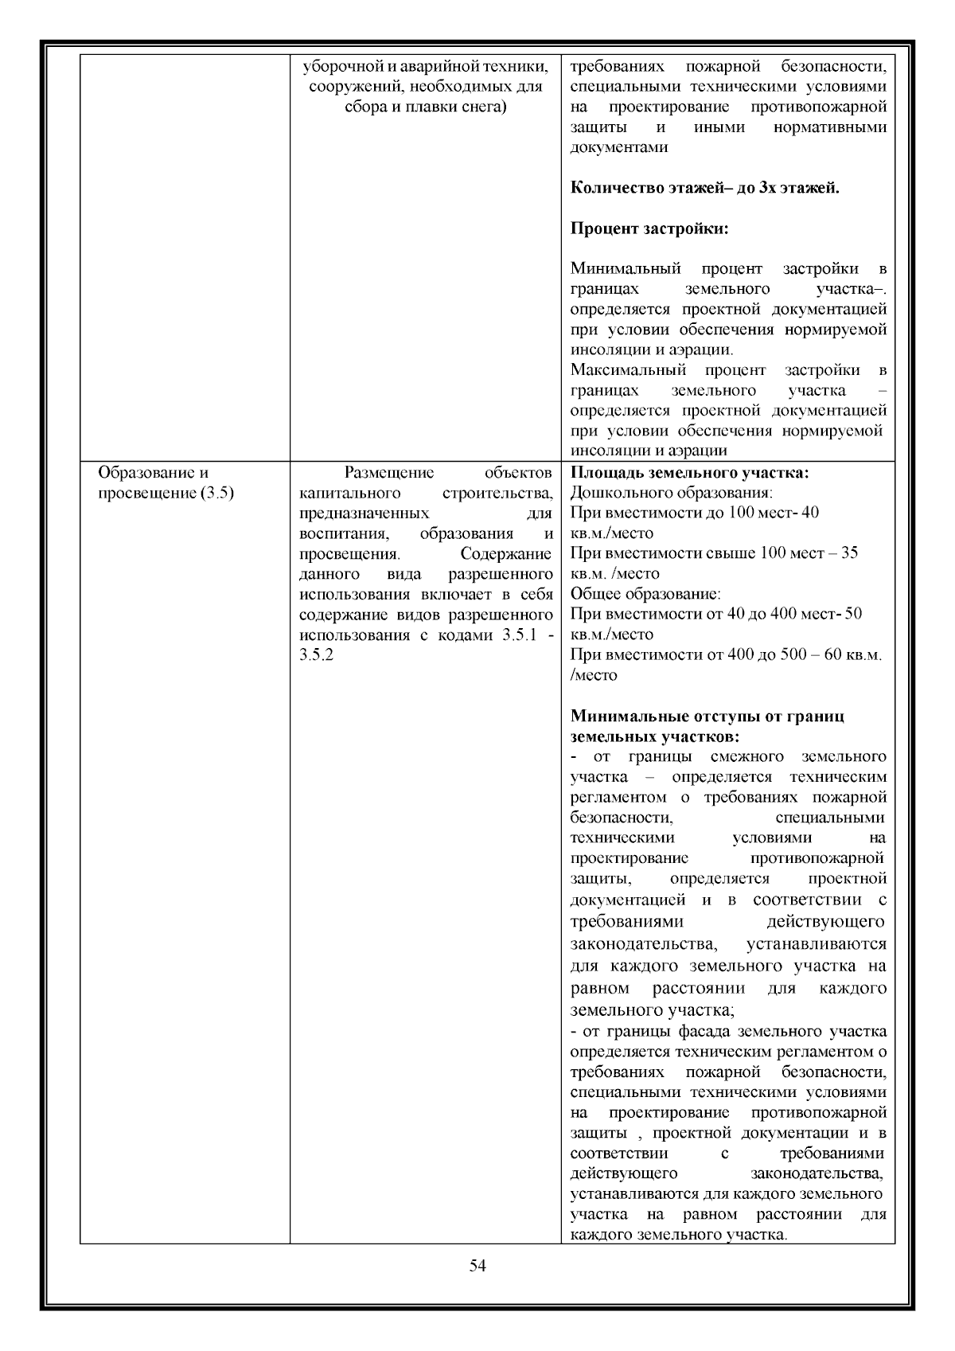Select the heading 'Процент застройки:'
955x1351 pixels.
tap(649, 229)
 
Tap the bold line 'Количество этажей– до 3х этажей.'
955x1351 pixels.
tap(705, 189)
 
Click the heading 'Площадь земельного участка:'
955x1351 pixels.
tap(690, 473)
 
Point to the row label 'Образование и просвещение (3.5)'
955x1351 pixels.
tap(166, 482)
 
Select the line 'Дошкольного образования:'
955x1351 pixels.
tap(672, 493)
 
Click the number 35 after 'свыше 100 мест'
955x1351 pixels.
tap(849, 553)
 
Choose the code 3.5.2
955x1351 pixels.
tap(316, 655)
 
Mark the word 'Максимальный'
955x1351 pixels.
tap(628, 370)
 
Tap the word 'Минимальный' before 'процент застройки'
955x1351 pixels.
tap(625, 269)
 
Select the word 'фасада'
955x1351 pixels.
tap(706, 1032)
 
